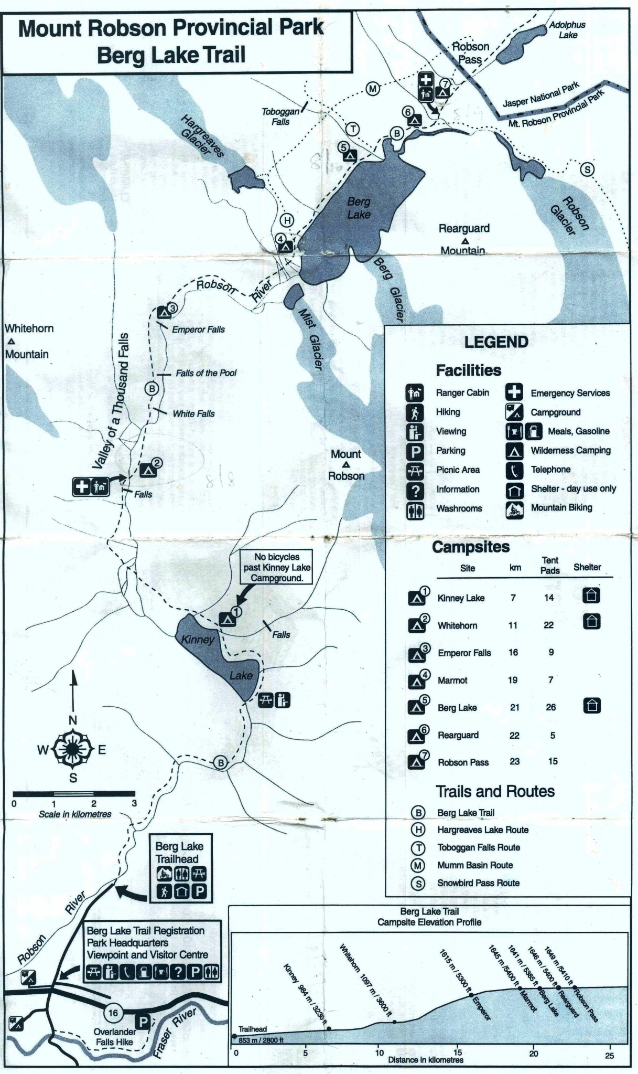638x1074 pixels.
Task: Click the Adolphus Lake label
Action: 567,30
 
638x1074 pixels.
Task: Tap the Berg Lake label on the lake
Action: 359,208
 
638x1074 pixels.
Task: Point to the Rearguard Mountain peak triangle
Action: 464,241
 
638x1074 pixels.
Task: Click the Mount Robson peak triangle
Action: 346,465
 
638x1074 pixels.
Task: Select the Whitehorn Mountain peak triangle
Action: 11,342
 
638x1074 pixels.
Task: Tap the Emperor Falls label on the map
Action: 198,329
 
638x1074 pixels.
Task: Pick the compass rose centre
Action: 72,749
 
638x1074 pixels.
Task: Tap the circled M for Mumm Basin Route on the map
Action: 372,88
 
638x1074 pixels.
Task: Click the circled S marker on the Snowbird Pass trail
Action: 587,169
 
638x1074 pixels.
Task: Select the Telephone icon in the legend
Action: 515,470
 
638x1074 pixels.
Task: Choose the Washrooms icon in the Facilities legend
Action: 415,508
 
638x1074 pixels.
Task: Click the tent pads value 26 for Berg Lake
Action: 550,707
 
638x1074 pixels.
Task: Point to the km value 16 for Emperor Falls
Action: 513,652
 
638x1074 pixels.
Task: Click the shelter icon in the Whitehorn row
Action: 591,622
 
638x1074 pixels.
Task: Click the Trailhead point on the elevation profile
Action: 234,1036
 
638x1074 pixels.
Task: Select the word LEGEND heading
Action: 496,342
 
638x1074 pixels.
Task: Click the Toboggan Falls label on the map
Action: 280,116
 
